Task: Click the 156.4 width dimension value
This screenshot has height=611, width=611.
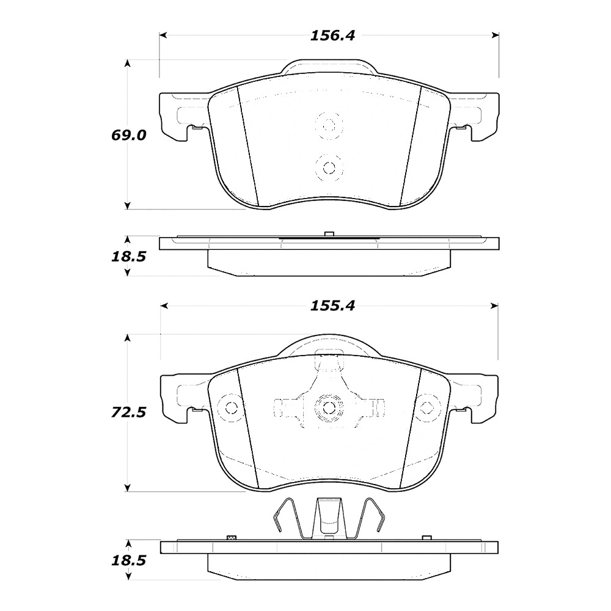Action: pyautogui.click(x=332, y=36)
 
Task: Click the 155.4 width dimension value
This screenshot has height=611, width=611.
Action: pyautogui.click(x=332, y=306)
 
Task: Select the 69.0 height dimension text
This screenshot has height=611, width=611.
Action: pyautogui.click(x=128, y=135)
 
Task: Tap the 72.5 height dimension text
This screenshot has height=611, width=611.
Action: pyautogui.click(x=128, y=412)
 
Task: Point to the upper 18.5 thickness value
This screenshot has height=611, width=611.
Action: pyautogui.click(x=128, y=257)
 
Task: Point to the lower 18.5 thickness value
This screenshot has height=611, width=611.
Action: pyautogui.click(x=128, y=561)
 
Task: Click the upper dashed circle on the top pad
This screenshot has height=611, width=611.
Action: pyautogui.click(x=329, y=125)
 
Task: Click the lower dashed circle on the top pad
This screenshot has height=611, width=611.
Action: pyautogui.click(x=329, y=168)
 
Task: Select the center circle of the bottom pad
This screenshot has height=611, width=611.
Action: pyautogui.click(x=329, y=408)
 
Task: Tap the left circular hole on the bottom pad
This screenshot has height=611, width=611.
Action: pyautogui.click(x=232, y=408)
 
